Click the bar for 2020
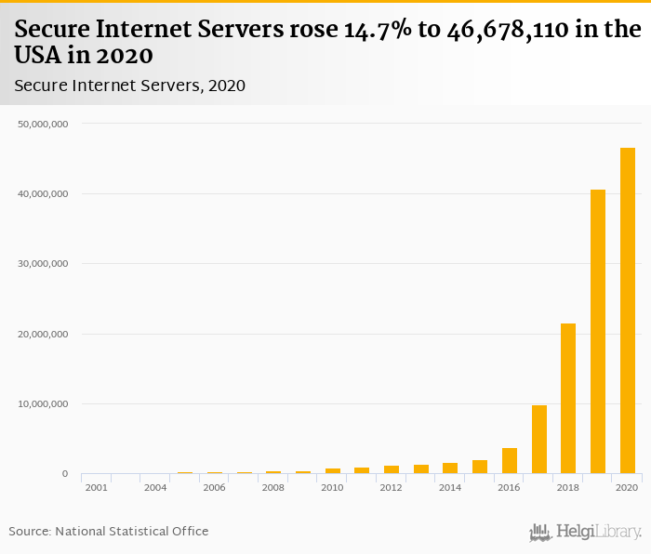coord(628,310)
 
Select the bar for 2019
coord(598,332)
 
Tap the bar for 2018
coord(568,399)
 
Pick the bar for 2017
coord(538,440)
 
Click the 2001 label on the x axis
coord(96,488)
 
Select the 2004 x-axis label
coord(154,488)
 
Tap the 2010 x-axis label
coord(332,488)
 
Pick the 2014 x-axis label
coord(450,488)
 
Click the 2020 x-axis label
coord(628,488)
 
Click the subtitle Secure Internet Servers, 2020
coord(129,86)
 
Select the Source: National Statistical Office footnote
coord(109,531)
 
